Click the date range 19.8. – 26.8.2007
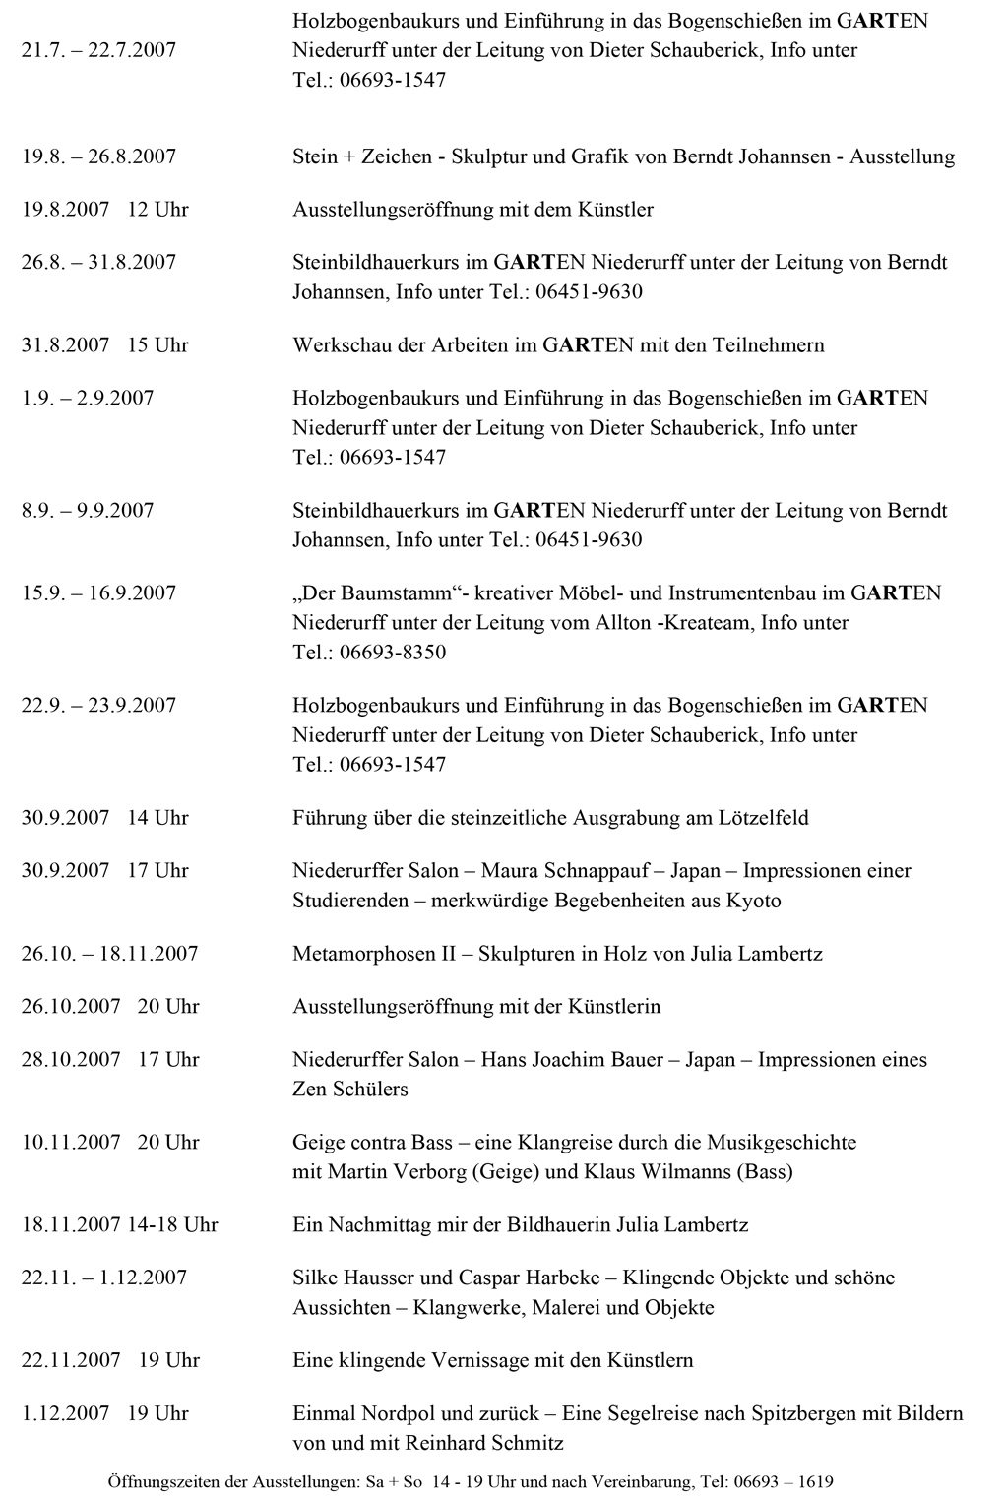point(98,156)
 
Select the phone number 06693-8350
point(393,653)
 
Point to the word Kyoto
point(753,901)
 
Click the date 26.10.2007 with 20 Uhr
point(110,1007)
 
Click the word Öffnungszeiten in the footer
point(160,1480)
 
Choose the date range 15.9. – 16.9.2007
point(98,593)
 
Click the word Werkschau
point(339,345)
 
